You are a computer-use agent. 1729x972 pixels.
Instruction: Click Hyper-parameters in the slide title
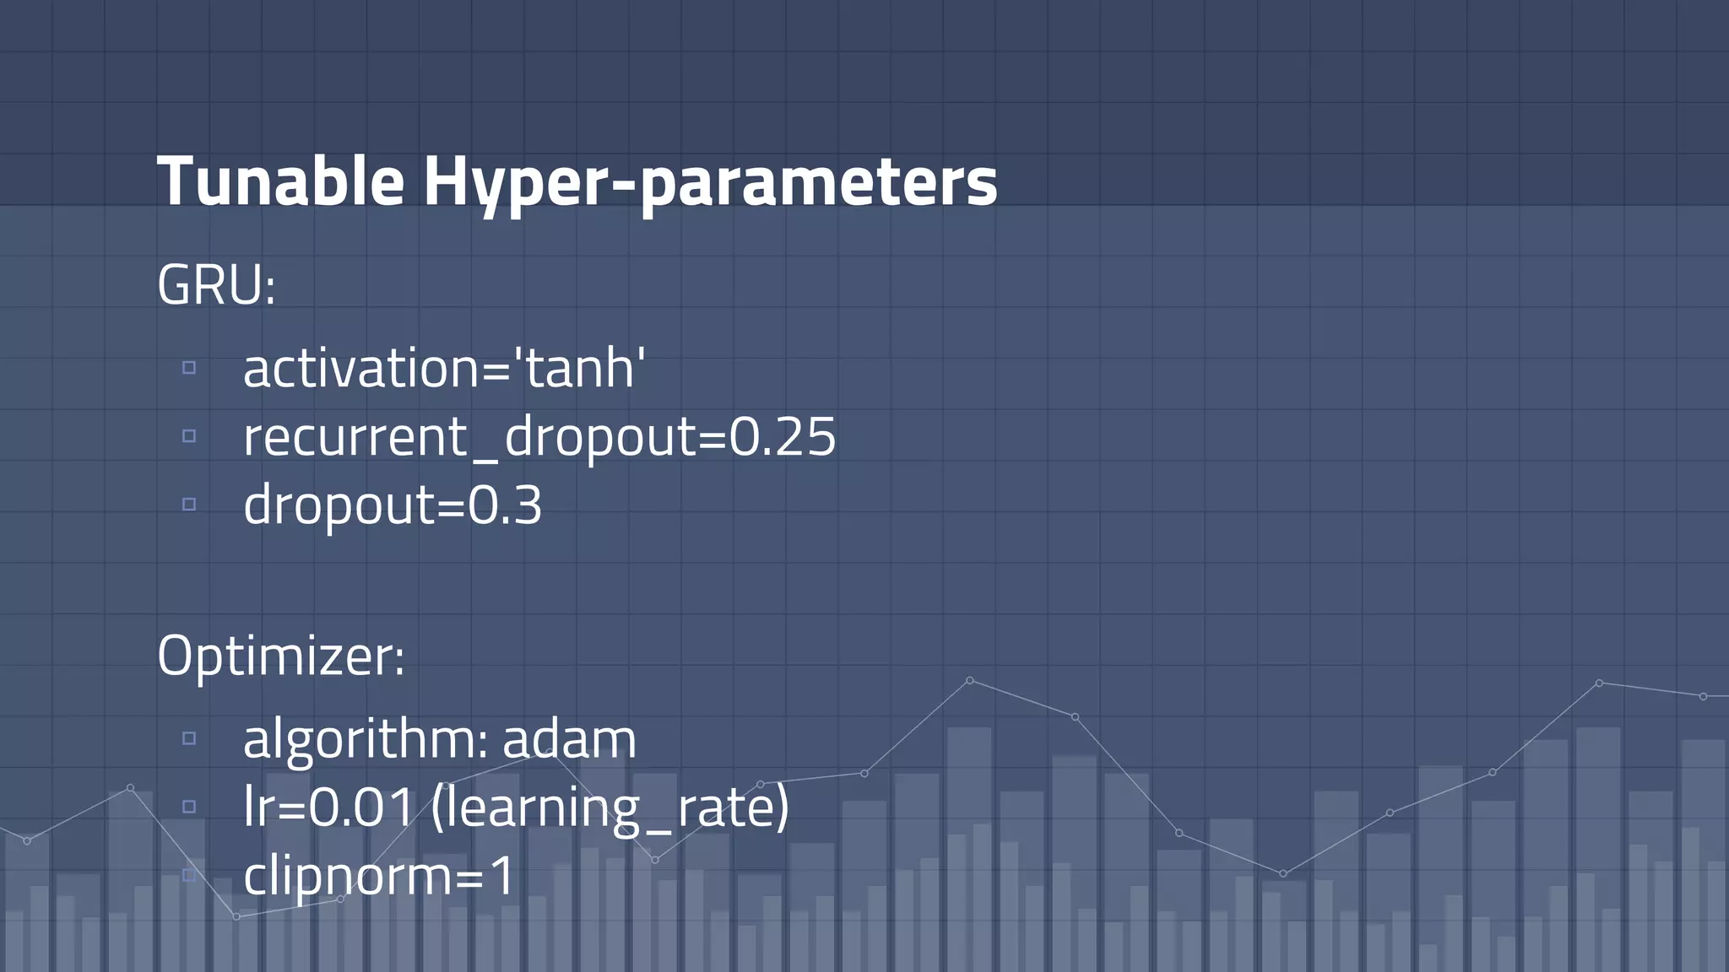pos(710,181)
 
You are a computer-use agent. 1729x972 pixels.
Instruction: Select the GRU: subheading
pos(216,285)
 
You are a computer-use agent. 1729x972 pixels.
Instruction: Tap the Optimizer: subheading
pos(280,656)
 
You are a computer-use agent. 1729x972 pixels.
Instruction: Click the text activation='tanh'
pos(444,369)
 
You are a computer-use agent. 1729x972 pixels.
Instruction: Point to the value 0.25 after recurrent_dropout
pos(782,436)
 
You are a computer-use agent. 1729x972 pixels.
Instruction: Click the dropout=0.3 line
pos(393,505)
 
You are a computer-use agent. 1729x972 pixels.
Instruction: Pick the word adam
pos(569,739)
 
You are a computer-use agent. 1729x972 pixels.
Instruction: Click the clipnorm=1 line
pos(378,876)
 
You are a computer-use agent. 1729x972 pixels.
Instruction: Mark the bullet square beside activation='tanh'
pos(189,367)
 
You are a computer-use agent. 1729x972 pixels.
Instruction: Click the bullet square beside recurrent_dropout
pos(189,435)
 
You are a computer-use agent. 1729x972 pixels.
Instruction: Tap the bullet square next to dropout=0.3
pos(189,504)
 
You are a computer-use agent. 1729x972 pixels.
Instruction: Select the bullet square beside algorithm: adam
pos(189,738)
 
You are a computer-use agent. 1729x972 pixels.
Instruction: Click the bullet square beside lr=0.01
pos(189,806)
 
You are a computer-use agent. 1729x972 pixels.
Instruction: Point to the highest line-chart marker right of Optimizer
pos(969,680)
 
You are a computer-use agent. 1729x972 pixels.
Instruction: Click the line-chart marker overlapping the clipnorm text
pos(340,899)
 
